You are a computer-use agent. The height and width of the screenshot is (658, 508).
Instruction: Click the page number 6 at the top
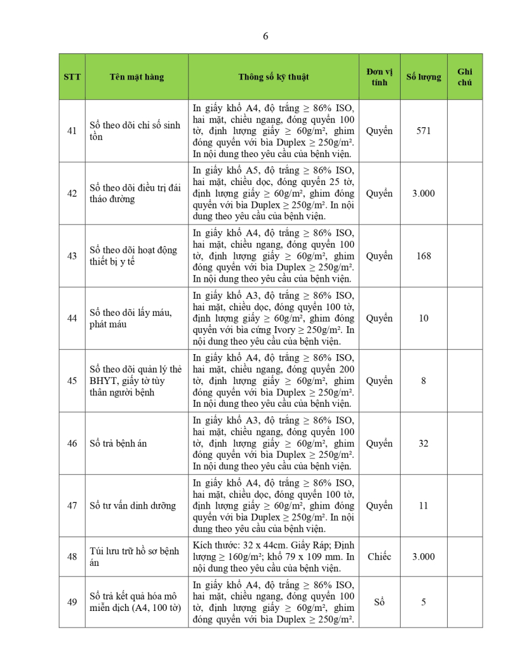[265, 36]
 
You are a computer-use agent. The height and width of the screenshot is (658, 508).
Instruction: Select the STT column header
[72, 77]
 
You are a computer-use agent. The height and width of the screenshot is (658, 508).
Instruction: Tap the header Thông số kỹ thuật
[273, 77]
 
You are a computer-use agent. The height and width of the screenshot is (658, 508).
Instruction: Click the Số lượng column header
[424, 77]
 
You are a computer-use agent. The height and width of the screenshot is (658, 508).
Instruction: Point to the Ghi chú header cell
[465, 77]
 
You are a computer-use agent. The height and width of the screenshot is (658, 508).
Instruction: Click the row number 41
[72, 131]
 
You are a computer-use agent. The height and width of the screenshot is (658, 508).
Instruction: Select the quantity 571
[424, 131]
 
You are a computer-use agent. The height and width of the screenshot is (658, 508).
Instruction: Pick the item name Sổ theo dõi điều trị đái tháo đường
[135, 193]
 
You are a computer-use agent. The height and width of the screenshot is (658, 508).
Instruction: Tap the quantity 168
[424, 256]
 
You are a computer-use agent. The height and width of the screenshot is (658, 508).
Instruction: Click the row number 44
[72, 319]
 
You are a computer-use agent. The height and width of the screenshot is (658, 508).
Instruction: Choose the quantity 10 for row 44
[424, 319]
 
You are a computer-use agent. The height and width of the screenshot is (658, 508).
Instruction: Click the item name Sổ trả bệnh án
[118, 443]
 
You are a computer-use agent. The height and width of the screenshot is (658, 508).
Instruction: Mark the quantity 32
[424, 443]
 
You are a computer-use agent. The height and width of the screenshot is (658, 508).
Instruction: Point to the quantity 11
[424, 506]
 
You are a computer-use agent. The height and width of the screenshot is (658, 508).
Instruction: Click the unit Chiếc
[379, 556]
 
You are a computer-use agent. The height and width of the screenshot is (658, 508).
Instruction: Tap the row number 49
[72, 601]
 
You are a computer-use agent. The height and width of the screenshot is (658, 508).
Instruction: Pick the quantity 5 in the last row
[424, 601]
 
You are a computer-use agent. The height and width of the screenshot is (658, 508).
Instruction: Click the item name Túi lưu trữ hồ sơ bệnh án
[135, 556]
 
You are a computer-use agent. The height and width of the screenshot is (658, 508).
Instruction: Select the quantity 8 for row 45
[424, 381]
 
